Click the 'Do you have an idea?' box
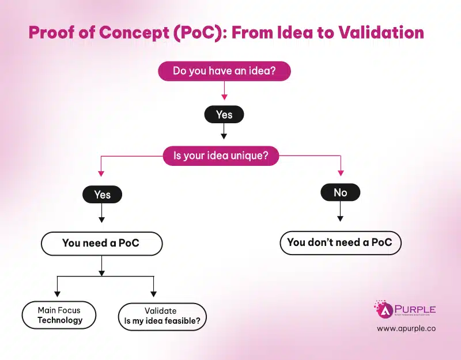(224, 71)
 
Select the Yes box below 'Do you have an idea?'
(224, 115)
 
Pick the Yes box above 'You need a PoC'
(102, 195)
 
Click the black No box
(340, 192)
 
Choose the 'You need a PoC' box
(101, 244)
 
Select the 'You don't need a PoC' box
(340, 242)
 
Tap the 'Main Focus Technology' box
(60, 315)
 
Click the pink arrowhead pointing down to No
(340, 172)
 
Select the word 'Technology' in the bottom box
(60, 320)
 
